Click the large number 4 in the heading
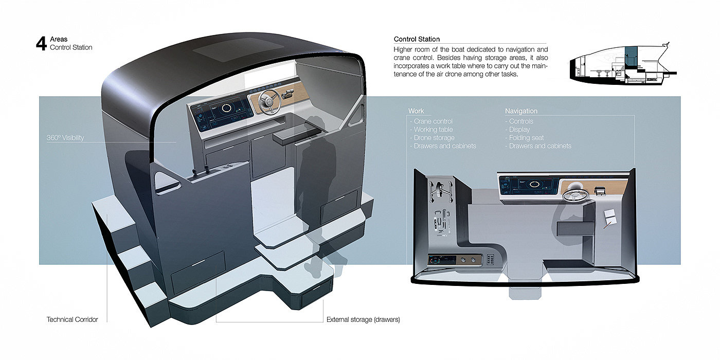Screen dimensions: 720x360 (41, 43)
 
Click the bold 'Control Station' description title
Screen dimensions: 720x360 (417, 39)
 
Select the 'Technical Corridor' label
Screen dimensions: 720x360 (72, 319)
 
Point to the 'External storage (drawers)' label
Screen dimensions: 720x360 (363, 319)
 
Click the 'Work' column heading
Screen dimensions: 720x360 (416, 111)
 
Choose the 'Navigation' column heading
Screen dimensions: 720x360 (521, 111)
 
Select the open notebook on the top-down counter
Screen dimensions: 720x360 (609, 218)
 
